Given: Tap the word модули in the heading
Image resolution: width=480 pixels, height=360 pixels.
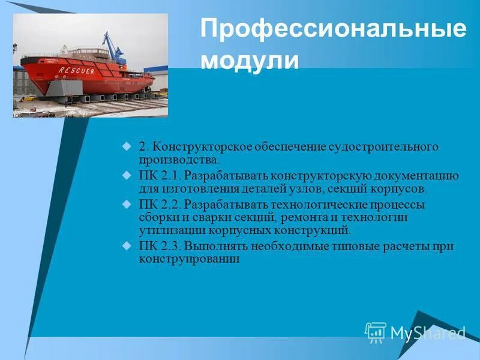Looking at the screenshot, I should (249, 60).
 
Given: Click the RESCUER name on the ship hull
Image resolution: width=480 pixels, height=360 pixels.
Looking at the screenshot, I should (76, 70).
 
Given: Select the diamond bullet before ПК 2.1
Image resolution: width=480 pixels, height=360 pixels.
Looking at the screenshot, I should (126, 176).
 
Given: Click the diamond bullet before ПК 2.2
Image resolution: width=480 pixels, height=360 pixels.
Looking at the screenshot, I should (126, 205).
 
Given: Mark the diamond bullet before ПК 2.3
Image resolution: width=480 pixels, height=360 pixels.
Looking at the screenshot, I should (126, 246).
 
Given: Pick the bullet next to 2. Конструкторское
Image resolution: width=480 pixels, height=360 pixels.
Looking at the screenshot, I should (126, 146).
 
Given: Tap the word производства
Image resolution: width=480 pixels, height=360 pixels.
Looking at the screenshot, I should (178, 160).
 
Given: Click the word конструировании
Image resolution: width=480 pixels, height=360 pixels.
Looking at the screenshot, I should (189, 259).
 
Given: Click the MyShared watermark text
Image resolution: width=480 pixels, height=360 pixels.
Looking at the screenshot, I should (428, 332).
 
